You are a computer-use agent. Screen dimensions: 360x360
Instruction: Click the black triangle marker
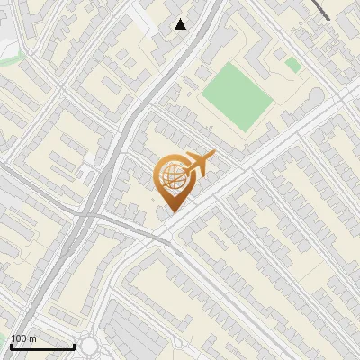click(181, 24)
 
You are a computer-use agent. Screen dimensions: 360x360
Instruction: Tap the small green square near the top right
click(292, 65)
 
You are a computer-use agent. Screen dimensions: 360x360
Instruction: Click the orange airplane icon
click(201, 165)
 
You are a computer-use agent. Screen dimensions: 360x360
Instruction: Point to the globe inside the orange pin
click(171, 176)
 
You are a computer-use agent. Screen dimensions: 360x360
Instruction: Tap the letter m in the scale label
click(34, 339)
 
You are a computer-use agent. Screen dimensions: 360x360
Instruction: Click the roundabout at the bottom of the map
click(88, 346)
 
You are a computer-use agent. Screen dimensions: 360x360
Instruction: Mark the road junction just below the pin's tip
click(166, 236)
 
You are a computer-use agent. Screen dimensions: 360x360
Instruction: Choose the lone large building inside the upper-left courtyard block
click(112, 85)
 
